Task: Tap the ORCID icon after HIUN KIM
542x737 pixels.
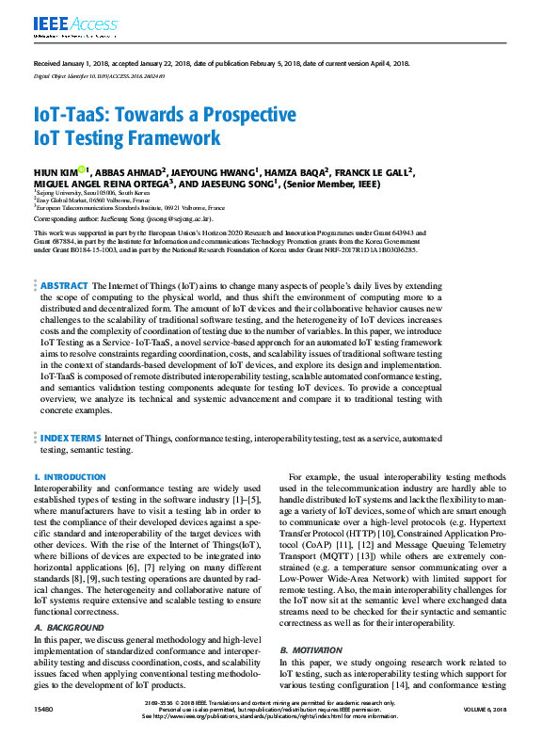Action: pyautogui.click(x=82, y=170)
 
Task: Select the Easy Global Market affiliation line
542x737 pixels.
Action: pyautogui.click(x=89, y=200)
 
